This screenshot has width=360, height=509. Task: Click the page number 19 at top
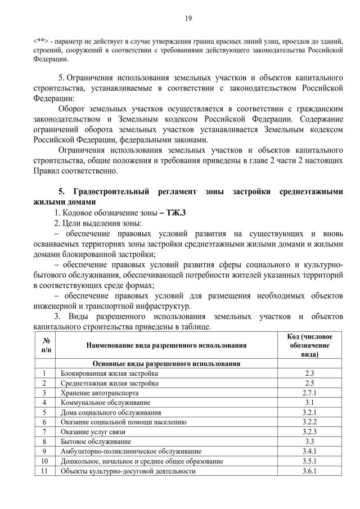coord(188,19)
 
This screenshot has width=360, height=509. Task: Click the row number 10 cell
coord(44,461)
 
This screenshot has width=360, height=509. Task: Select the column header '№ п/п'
coord(44,345)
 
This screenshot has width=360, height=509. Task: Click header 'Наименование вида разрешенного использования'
coord(166,345)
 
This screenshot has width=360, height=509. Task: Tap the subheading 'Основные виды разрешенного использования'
coord(166,363)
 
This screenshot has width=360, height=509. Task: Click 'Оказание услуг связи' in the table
coord(93,431)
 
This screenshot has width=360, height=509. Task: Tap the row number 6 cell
coord(44,422)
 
